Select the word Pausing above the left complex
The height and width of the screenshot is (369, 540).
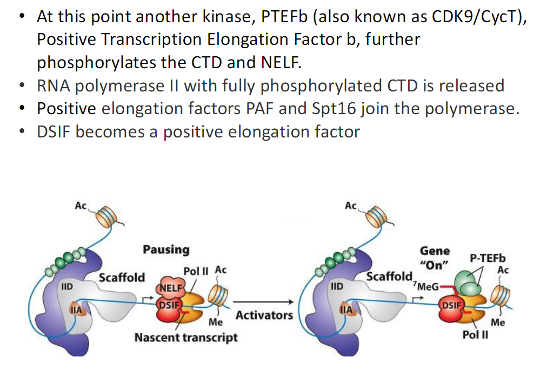click(166, 249)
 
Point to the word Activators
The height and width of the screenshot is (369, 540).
click(264, 315)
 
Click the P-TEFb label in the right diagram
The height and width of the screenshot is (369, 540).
click(487, 259)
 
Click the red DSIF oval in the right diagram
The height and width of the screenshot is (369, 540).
click(452, 305)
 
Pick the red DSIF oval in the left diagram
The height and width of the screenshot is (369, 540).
click(168, 305)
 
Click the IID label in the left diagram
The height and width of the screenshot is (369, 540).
click(68, 286)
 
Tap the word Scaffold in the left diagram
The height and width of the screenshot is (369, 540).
click(122, 278)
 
